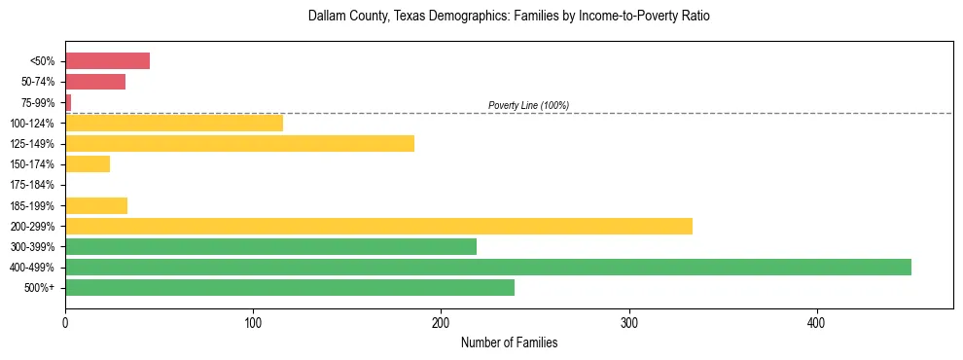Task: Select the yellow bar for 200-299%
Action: coord(378,226)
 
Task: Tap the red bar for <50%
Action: coord(107,61)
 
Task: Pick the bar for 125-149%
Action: coord(239,144)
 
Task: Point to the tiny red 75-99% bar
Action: coord(68,102)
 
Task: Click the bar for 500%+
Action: coord(290,287)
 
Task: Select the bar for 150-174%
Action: coord(88,164)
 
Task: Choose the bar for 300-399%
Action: coord(270,246)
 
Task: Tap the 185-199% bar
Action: coord(96,205)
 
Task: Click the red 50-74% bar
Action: coord(95,82)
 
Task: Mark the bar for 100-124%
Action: coord(174,123)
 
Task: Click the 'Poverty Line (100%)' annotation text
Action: coord(528,105)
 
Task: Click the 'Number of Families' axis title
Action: coord(509,343)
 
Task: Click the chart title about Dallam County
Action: coord(509,17)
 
